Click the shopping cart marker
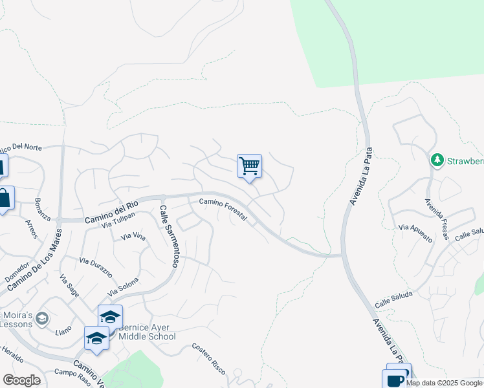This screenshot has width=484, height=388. (249, 166)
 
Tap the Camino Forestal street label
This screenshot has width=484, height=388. (223, 211)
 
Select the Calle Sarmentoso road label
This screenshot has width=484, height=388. (169, 237)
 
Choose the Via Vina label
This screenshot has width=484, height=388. (133, 237)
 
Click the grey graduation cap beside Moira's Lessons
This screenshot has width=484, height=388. (42, 318)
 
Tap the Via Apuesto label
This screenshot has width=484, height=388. (415, 233)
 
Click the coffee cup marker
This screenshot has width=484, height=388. (396, 379)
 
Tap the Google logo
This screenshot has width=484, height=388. (21, 380)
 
